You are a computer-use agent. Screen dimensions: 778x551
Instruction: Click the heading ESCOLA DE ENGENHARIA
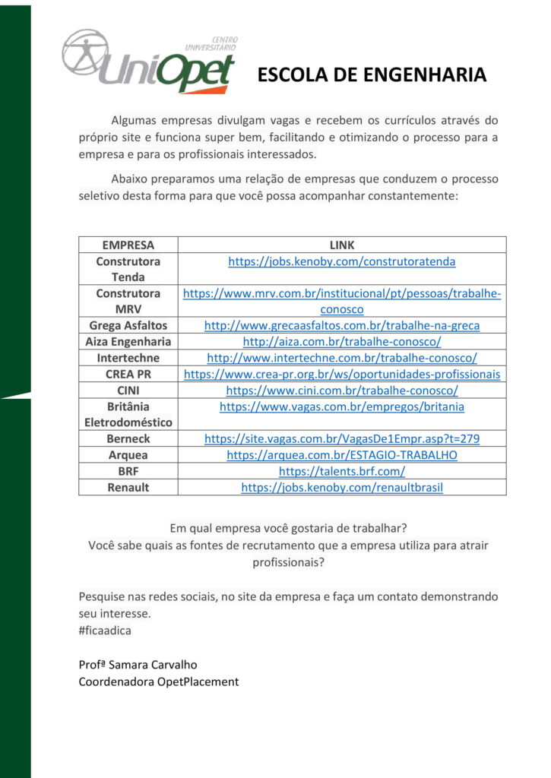pyautogui.click(x=372, y=74)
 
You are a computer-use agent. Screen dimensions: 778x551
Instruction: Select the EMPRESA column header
pyautogui.click(x=128, y=245)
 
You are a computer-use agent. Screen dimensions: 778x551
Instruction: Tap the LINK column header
pyautogui.click(x=341, y=245)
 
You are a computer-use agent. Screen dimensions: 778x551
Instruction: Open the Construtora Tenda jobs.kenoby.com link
pyautogui.click(x=341, y=261)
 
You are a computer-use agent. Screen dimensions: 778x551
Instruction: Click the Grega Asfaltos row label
pyautogui.click(x=128, y=325)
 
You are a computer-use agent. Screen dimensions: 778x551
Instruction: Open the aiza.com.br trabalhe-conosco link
pyautogui.click(x=341, y=342)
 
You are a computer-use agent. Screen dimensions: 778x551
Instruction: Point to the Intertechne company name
pyautogui.click(x=128, y=358)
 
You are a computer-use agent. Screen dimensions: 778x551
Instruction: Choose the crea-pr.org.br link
pyautogui.click(x=341, y=374)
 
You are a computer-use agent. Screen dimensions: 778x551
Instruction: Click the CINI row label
pyautogui.click(x=128, y=390)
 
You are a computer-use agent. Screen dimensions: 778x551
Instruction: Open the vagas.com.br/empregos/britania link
pyautogui.click(x=341, y=406)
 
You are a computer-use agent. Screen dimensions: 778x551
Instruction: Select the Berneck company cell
pyautogui.click(x=128, y=438)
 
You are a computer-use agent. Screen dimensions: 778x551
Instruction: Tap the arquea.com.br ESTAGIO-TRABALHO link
pyautogui.click(x=341, y=455)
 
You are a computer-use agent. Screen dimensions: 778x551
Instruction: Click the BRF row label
pyautogui.click(x=128, y=471)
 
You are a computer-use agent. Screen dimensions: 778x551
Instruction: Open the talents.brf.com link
pyautogui.click(x=341, y=471)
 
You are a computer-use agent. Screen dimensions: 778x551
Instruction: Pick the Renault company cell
pyautogui.click(x=128, y=487)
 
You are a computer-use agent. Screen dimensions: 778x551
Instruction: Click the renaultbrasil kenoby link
pyautogui.click(x=341, y=487)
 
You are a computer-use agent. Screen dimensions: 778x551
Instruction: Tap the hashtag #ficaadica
pyautogui.click(x=104, y=630)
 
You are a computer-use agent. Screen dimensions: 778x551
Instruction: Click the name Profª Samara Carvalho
pyautogui.click(x=138, y=665)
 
